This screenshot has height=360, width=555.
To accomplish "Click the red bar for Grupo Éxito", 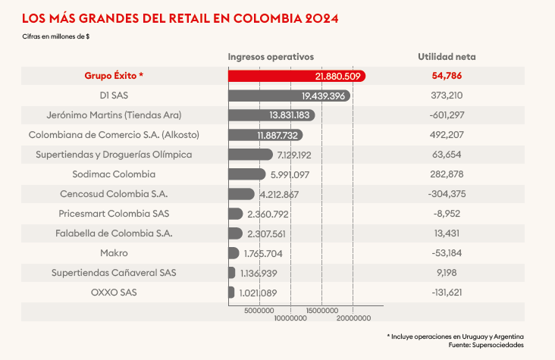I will pos(296,76).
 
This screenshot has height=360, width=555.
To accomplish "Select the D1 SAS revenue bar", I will pos(288,95).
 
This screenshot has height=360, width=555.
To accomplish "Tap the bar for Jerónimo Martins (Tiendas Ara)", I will pos(271,115).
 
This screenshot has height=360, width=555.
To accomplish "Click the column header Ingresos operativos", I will pos(271,57).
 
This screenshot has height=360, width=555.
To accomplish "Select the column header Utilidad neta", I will pos(447,57).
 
